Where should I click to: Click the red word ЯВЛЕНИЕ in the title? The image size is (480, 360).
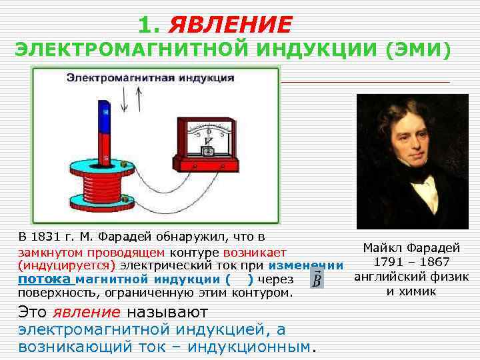(230, 25)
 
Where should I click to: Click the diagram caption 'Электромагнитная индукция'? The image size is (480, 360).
(150, 77)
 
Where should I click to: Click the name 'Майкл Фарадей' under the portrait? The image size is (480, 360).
(411, 248)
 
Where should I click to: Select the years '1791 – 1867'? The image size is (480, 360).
(411, 263)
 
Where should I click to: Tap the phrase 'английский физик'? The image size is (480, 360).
(411, 277)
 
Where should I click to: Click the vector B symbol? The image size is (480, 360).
(317, 280)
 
